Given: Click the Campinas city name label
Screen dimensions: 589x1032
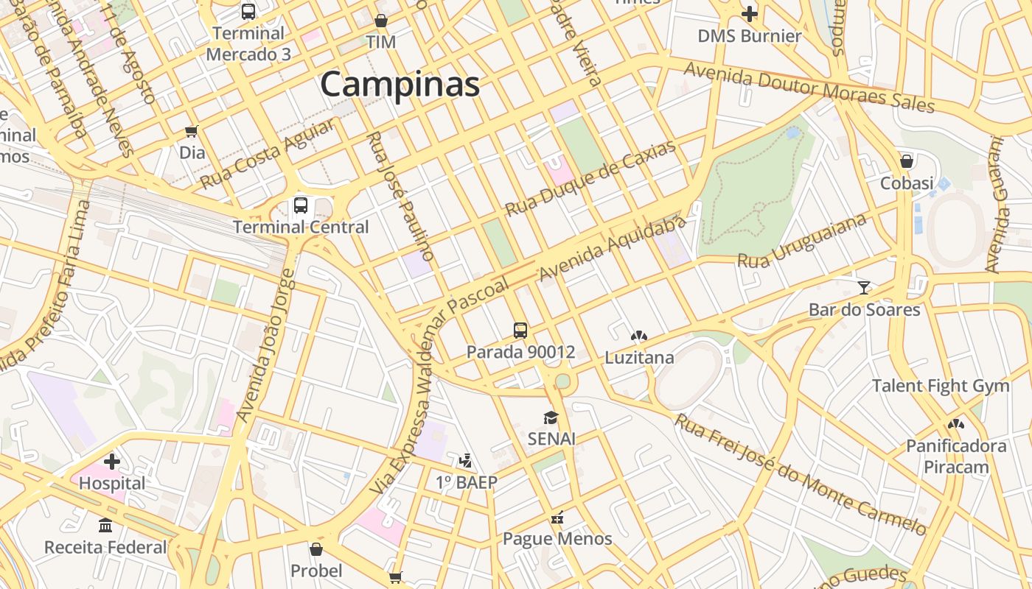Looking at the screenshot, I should click(x=400, y=84).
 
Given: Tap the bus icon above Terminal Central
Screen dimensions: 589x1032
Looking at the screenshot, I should click(x=301, y=205).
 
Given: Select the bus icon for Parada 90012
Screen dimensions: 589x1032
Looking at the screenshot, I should click(x=520, y=330).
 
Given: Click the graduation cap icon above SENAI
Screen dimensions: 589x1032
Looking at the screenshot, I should click(x=551, y=417).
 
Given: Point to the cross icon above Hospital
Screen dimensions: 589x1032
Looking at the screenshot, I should click(x=112, y=462).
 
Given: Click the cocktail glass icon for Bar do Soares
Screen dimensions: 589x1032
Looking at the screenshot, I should click(x=864, y=287).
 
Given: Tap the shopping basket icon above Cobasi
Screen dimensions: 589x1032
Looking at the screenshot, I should click(x=907, y=161).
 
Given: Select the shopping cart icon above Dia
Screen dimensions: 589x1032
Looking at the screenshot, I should click(x=192, y=131).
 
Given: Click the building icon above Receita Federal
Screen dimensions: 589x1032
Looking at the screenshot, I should click(x=105, y=526).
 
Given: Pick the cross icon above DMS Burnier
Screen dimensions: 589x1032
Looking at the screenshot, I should click(x=750, y=13).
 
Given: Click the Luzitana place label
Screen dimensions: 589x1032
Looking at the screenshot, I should click(x=639, y=358).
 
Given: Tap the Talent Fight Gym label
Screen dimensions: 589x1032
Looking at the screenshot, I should click(x=940, y=386).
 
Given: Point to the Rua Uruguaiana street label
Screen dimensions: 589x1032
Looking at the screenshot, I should click(x=802, y=242).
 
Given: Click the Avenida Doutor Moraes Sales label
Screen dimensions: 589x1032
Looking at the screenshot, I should click(x=809, y=87).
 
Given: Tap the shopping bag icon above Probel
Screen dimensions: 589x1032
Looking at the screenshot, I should click(x=316, y=549).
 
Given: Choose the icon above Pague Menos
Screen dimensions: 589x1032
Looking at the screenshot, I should click(x=557, y=517).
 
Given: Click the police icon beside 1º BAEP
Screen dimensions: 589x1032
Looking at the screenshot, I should click(x=465, y=461).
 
